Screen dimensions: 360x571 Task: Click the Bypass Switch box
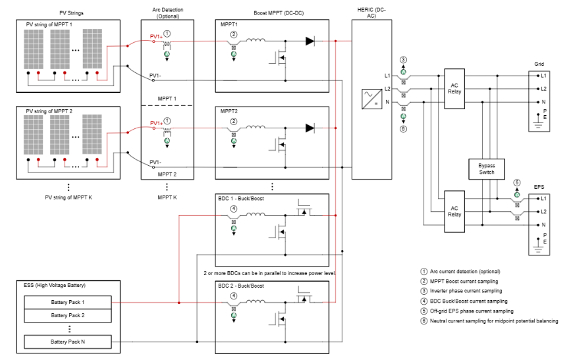(486, 168)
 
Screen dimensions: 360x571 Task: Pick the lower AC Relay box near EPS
(454, 211)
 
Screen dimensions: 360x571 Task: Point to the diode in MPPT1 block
(310, 41)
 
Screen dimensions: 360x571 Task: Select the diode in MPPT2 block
(310, 128)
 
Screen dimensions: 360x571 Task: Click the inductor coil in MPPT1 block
(257, 41)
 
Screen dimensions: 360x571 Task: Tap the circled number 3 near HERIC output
(404, 60)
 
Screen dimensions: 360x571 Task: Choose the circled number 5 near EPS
(517, 182)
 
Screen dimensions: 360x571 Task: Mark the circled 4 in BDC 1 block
(233, 209)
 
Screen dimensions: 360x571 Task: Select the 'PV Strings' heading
(68, 13)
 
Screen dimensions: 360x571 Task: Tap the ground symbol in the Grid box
(537, 122)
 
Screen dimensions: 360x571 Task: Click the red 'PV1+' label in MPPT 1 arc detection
(155, 36)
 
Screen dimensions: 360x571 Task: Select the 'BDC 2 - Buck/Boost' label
(241, 286)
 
